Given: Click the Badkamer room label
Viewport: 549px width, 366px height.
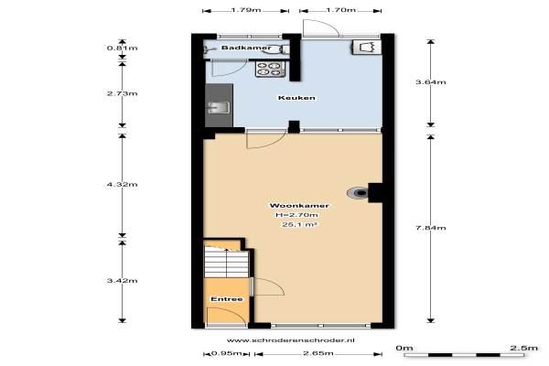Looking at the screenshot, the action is click(246, 48).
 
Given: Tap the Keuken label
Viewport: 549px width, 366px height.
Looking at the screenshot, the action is click(296, 98).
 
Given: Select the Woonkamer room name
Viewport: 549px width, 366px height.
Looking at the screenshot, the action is click(299, 206).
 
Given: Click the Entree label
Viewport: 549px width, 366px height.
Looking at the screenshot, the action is click(227, 299).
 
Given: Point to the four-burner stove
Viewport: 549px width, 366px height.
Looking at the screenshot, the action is click(270, 69).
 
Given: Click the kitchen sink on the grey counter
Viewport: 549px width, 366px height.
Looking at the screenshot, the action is click(219, 107).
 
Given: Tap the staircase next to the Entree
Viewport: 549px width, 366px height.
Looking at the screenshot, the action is click(227, 262).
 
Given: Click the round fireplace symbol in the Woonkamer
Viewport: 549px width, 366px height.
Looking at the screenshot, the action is click(358, 193).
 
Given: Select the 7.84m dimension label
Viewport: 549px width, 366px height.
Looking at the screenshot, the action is click(430, 228).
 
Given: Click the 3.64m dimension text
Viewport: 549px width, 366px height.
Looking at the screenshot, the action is click(430, 82).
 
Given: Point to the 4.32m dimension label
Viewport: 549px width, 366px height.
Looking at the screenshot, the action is click(123, 184).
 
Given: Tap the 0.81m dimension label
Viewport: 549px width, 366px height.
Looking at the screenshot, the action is click(123, 48).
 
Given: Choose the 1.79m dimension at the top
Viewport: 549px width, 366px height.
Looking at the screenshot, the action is click(246, 10).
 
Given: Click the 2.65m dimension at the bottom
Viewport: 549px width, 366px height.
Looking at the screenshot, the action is click(318, 353).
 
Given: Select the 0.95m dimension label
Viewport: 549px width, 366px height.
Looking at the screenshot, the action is click(227, 353).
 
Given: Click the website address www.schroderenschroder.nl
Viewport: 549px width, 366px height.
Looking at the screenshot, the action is click(291, 340).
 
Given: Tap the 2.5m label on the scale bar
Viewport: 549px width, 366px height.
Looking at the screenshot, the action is click(523, 348).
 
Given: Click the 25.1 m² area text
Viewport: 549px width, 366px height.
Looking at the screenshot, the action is click(300, 224).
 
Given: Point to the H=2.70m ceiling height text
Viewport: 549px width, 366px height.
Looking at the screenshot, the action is click(296, 215).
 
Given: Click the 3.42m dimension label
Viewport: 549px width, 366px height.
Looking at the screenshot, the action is click(123, 281).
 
